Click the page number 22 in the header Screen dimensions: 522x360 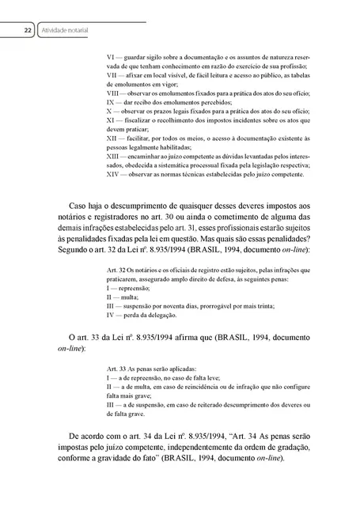point(26,31)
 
